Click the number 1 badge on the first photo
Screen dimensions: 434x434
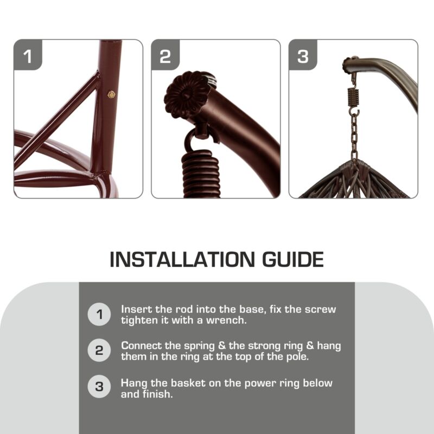28,55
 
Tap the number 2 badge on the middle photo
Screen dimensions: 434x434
165,55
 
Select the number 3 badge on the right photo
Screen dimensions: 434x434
303,55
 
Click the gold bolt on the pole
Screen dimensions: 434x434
111,94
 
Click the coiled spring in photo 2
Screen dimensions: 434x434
201,174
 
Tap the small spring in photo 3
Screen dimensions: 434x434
353,97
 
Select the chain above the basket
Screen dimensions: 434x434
354,138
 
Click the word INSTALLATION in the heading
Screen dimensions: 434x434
182,259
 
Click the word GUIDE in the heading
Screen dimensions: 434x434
292,259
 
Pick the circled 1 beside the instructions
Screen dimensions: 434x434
99,315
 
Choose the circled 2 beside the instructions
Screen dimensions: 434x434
99,350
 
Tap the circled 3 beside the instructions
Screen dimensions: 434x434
99,387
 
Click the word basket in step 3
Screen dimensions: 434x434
188,383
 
